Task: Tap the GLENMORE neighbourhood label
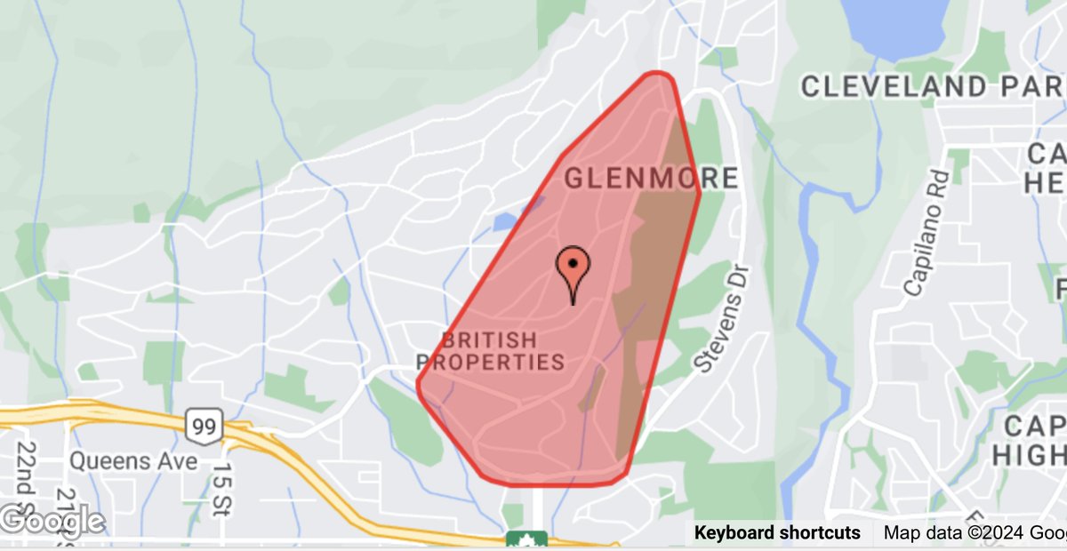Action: (652, 178)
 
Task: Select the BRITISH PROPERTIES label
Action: (490, 351)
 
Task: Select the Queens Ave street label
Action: (133, 462)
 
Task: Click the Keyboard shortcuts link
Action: (777, 533)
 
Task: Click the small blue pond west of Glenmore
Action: (505, 221)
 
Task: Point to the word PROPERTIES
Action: (490, 362)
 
